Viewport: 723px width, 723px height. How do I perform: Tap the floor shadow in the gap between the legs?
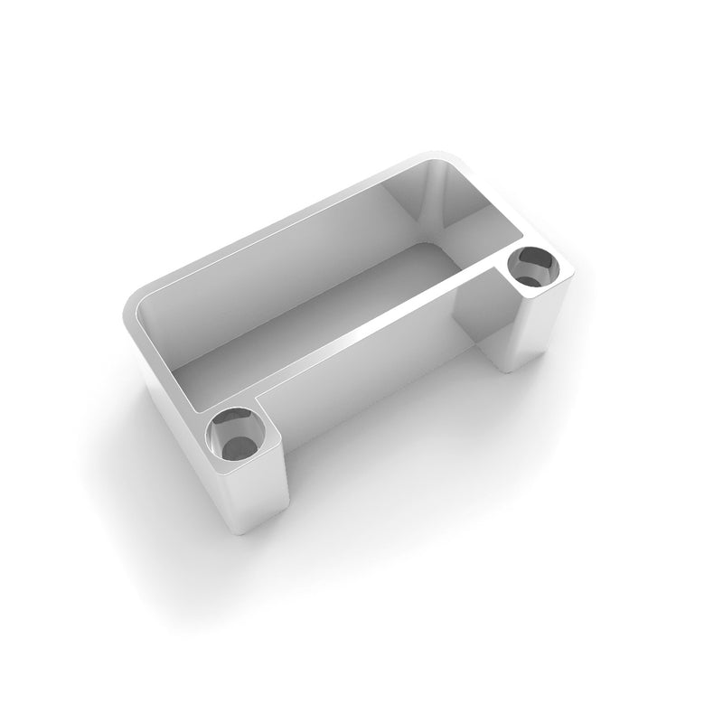pos(389,452)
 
